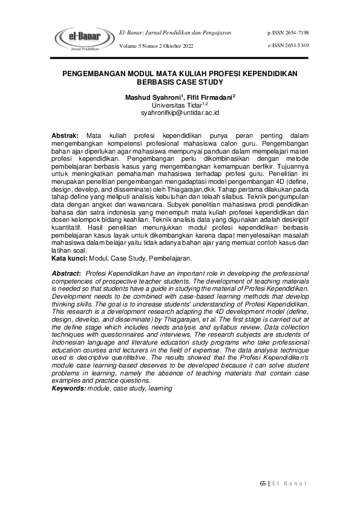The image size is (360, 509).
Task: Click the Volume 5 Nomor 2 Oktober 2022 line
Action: pyautogui.click(x=157, y=45)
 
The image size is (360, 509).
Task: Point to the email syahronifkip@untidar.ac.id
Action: pyautogui.click(x=180, y=112)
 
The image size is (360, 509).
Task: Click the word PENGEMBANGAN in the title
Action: pyautogui.click(x=98, y=73)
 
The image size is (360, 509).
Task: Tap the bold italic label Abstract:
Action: pyautogui.click(x=67, y=274)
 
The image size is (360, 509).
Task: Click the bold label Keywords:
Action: pyautogui.click(x=68, y=388)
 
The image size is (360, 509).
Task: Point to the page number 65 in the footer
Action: pyautogui.click(x=263, y=483)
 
